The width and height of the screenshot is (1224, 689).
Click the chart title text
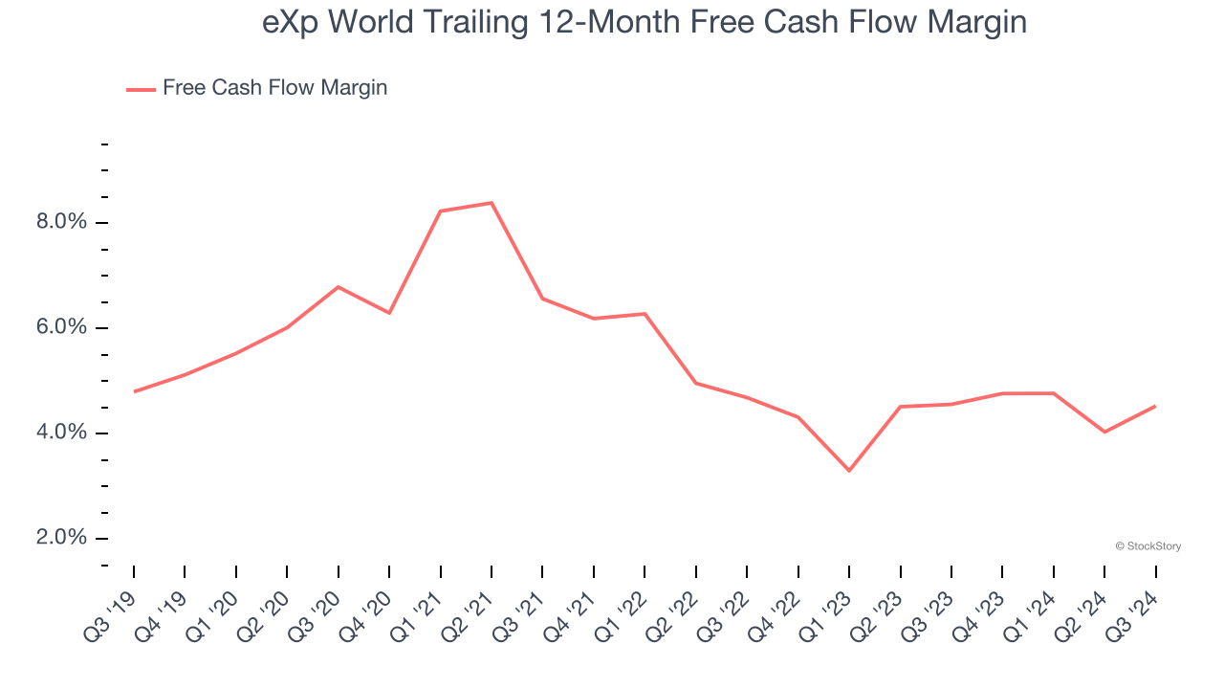click(x=645, y=22)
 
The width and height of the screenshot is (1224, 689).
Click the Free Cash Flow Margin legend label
click(x=274, y=88)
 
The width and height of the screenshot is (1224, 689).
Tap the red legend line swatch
click(x=141, y=89)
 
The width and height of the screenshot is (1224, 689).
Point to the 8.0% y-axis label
click(x=61, y=222)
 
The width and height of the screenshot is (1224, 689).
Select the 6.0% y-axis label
click(x=61, y=327)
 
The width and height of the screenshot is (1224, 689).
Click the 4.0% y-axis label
click(x=61, y=433)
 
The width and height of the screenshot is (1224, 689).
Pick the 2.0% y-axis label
click(x=61, y=538)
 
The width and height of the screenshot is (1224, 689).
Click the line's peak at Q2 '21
click(x=492, y=203)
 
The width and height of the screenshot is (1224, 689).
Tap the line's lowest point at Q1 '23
click(x=849, y=470)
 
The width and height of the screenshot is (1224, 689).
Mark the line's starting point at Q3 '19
click(x=134, y=391)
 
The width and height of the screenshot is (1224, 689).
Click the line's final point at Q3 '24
click(x=1155, y=406)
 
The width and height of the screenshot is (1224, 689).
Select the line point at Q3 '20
click(x=339, y=287)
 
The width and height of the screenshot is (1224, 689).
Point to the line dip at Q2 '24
click(x=1104, y=432)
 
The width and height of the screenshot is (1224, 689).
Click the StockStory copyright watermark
click(x=1147, y=546)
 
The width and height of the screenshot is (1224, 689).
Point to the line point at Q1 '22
click(x=645, y=314)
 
